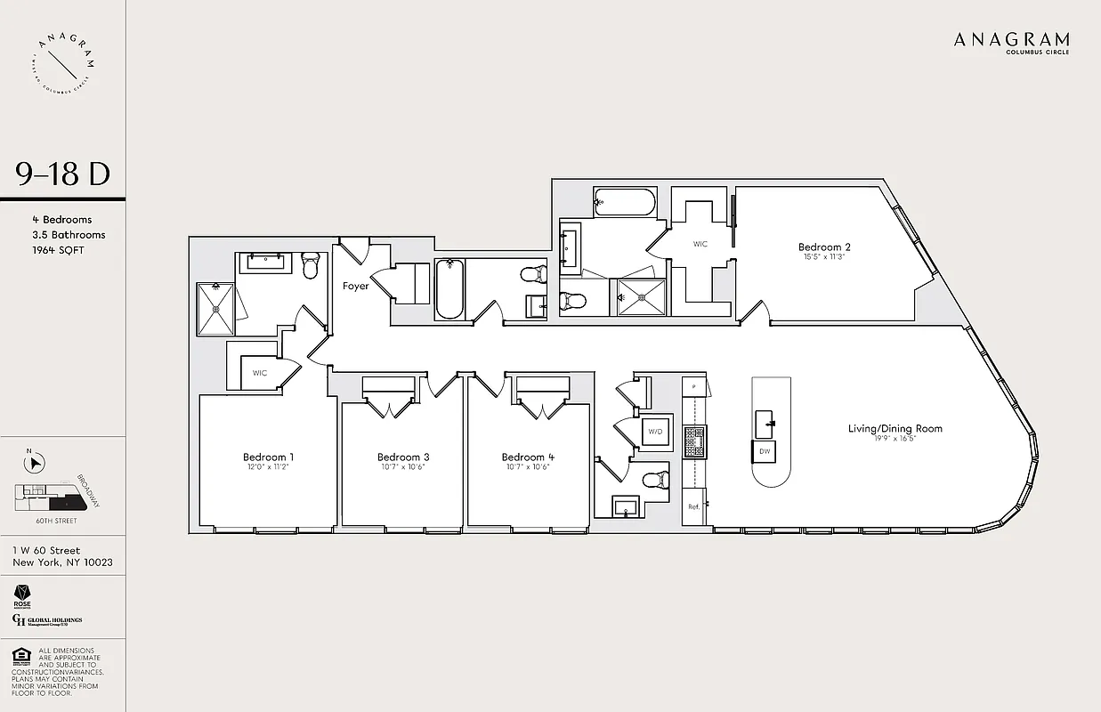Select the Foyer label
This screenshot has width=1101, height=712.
pyautogui.click(x=356, y=287)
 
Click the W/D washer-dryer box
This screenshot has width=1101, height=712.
pyautogui.click(x=656, y=432)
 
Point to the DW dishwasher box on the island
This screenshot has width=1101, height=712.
pyautogui.click(x=765, y=451)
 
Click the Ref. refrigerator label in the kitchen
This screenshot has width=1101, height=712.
pyautogui.click(x=693, y=506)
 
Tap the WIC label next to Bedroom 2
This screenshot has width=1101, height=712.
pyautogui.click(x=700, y=243)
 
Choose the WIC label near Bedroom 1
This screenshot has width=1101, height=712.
pyautogui.click(x=259, y=373)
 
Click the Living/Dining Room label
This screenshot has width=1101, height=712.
pyautogui.click(x=895, y=429)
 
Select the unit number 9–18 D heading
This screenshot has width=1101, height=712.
pyautogui.click(x=62, y=174)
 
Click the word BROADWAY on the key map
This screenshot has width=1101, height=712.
pyautogui.click(x=89, y=489)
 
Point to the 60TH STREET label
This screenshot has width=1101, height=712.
pyautogui.click(x=55, y=521)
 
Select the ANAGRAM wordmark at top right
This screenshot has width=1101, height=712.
pyautogui.click(x=1011, y=40)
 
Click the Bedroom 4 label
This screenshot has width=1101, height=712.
pyautogui.click(x=528, y=457)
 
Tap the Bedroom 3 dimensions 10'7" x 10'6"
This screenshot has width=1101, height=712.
pyautogui.click(x=403, y=467)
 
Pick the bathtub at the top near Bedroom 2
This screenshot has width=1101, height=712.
pyautogui.click(x=625, y=203)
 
